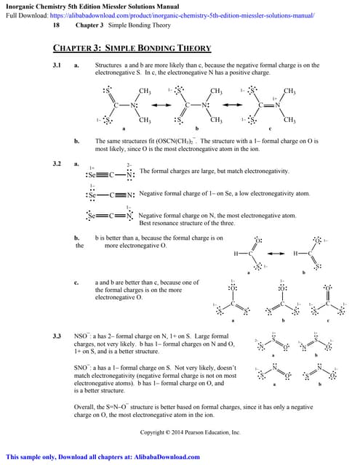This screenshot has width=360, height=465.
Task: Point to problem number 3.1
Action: tap(57, 65)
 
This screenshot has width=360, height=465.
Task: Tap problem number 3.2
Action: tap(57, 163)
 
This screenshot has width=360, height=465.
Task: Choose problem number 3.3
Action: tap(57, 336)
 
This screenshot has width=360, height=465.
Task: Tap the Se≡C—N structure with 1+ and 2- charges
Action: tap(109, 174)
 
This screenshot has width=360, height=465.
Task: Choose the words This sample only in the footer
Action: tap(27, 457)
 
